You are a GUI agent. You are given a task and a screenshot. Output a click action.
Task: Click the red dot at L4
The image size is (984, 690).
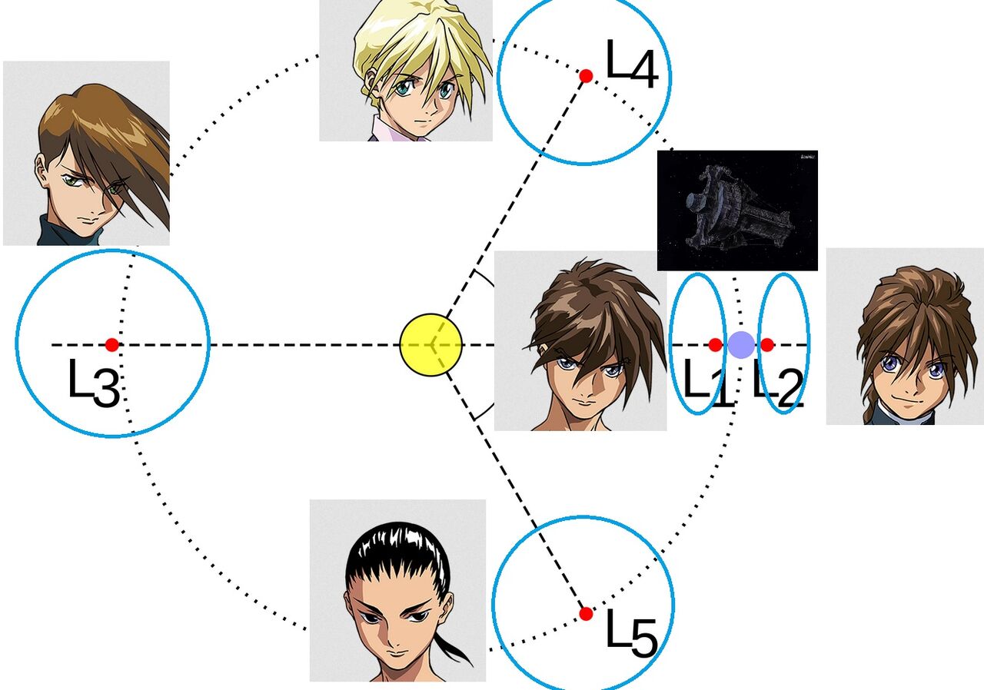[x=586, y=75]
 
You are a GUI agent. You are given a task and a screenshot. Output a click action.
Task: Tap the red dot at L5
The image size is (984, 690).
[x=586, y=613]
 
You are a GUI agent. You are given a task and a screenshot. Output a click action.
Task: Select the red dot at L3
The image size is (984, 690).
[x=112, y=345]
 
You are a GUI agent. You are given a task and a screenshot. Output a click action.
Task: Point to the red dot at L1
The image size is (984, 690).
[x=715, y=345]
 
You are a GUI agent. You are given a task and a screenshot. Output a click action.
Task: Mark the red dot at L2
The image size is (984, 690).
[x=766, y=345]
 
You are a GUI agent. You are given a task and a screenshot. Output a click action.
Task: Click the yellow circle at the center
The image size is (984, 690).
[x=431, y=345]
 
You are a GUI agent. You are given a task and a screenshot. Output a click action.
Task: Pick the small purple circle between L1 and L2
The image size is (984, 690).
[x=741, y=345]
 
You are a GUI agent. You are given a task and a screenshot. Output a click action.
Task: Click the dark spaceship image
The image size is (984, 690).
[x=736, y=210]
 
